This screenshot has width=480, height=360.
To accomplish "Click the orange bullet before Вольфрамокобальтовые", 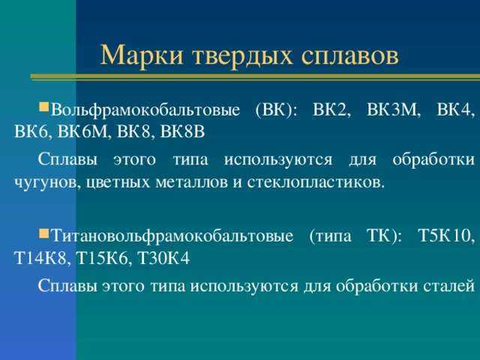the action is point(44,107).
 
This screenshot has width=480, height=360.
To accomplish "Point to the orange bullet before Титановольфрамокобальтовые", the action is point(44,234).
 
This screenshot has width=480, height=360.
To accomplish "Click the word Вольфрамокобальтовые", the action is point(145,110).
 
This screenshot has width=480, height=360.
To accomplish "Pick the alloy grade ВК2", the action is point(331,109).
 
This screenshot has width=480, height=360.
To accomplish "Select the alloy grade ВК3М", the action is point(393,109).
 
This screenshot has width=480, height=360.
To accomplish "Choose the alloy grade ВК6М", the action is point(84,132).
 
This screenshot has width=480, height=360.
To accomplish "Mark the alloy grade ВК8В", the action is point(182,132).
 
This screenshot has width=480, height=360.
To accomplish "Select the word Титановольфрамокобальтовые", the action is point(172,236).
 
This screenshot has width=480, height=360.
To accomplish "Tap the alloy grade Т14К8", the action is point(40,258).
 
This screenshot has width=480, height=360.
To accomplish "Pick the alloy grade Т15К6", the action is point(103,258).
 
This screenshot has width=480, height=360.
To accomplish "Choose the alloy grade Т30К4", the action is point(163,258).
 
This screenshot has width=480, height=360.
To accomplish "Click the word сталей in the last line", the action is point(449,286).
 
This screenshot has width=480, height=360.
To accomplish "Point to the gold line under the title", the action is point(255,76).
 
